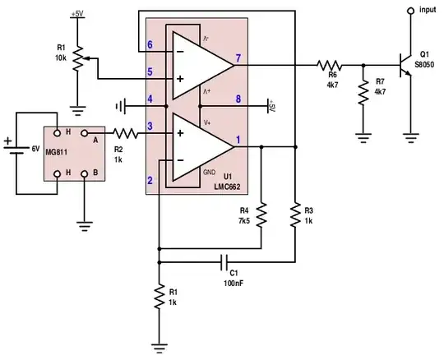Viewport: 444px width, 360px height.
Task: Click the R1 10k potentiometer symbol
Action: click(x=77, y=58)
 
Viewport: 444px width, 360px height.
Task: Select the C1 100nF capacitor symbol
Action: click(x=224, y=262)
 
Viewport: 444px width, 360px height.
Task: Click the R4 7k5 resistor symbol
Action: click(x=261, y=216)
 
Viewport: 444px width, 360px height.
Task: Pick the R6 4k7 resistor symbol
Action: click(x=331, y=63)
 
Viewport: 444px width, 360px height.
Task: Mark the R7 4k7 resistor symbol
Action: click(x=363, y=92)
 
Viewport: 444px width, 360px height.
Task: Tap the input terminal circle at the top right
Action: click(x=410, y=10)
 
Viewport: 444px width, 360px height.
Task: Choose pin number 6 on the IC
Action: click(x=150, y=44)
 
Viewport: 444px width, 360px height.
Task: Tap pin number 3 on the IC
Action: click(x=150, y=126)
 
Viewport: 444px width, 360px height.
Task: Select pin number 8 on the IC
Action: click(x=238, y=99)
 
